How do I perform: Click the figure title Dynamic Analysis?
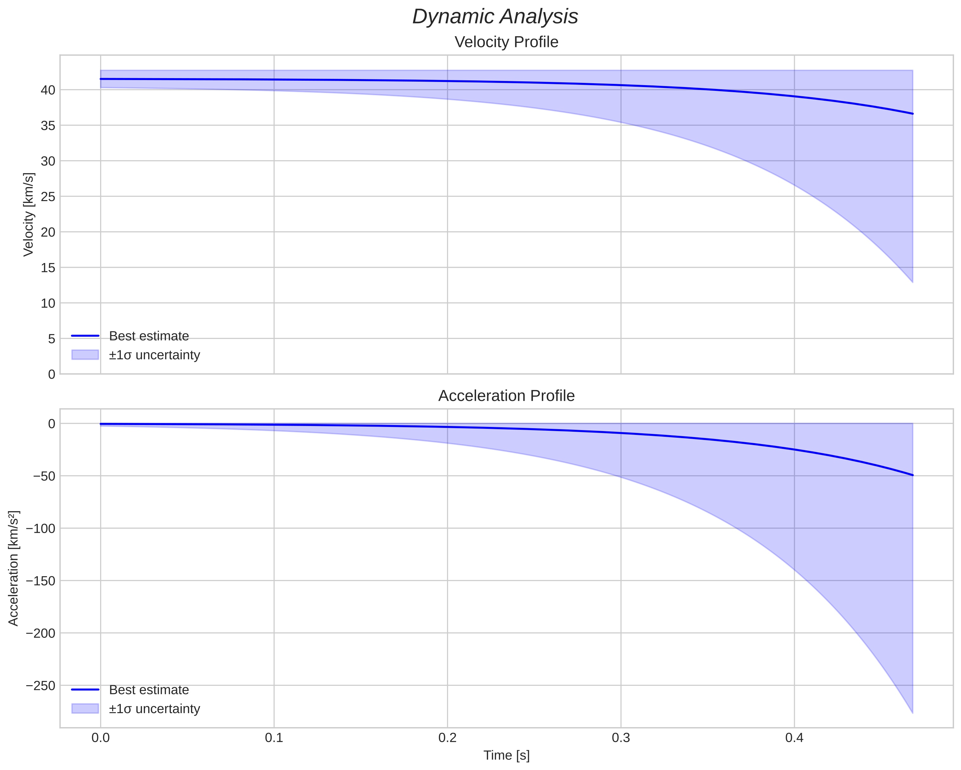[x=495, y=17]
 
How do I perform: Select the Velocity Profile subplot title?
[x=506, y=42]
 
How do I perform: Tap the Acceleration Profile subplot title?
[x=506, y=396]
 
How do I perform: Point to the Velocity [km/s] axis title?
[x=29, y=214]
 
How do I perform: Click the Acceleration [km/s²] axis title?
[x=13, y=568]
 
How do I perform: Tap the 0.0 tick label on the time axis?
[x=101, y=738]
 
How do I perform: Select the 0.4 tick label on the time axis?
[x=794, y=738]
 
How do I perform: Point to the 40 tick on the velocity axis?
[x=48, y=90]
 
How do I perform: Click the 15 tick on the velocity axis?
[x=48, y=268]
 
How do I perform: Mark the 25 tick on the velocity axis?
[x=48, y=197]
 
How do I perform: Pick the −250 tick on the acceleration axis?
[x=41, y=685]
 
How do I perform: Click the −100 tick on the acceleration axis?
[x=41, y=529]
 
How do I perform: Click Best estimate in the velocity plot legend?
[x=149, y=336]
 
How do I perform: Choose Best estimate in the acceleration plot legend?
[x=149, y=690]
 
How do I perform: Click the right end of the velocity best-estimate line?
[x=912, y=114]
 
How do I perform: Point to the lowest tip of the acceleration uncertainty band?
[x=912, y=713]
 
